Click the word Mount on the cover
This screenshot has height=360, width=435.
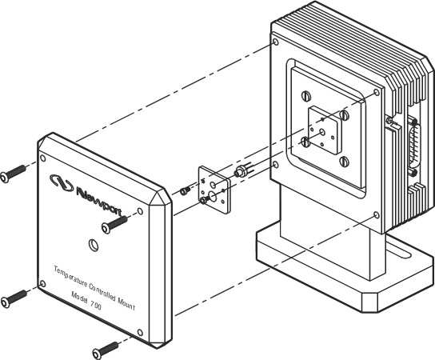click(126, 303)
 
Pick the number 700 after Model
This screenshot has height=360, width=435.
click(96, 306)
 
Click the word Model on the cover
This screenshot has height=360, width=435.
click(79, 298)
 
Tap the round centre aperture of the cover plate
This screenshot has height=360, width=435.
click(94, 245)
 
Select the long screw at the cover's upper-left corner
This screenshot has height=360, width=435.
click(13, 174)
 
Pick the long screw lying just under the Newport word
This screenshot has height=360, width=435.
click(114, 224)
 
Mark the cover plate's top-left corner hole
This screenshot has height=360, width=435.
click(43, 158)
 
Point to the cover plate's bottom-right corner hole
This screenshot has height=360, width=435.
click(140, 333)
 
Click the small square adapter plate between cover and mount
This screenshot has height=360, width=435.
click(214, 190)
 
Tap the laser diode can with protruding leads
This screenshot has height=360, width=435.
click(243, 170)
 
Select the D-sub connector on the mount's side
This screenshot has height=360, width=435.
click(413, 147)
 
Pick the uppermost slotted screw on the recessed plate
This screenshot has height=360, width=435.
click(305, 96)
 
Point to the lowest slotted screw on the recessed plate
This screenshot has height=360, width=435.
click(344, 162)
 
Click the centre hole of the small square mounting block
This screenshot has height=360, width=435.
click(322, 132)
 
